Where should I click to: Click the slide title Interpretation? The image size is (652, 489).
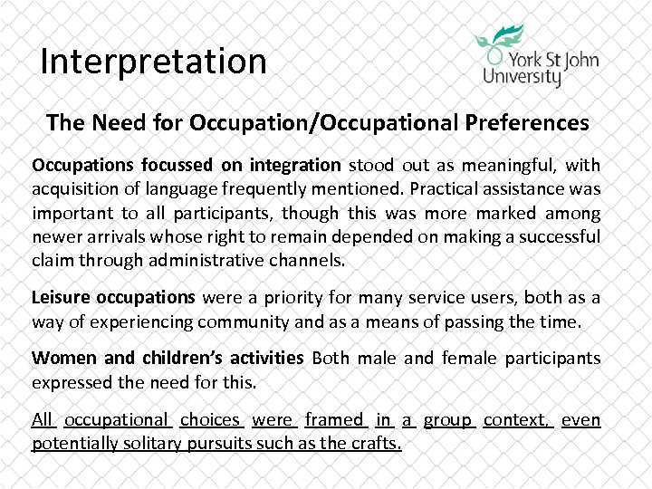(154, 62)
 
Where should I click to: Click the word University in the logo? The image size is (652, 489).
(523, 75)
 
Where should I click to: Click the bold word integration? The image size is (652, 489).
(297, 166)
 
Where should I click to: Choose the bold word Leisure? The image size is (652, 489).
(61, 297)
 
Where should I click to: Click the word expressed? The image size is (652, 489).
(72, 381)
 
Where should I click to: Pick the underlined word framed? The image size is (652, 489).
(334, 419)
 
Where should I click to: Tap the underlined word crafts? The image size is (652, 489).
(378, 443)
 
